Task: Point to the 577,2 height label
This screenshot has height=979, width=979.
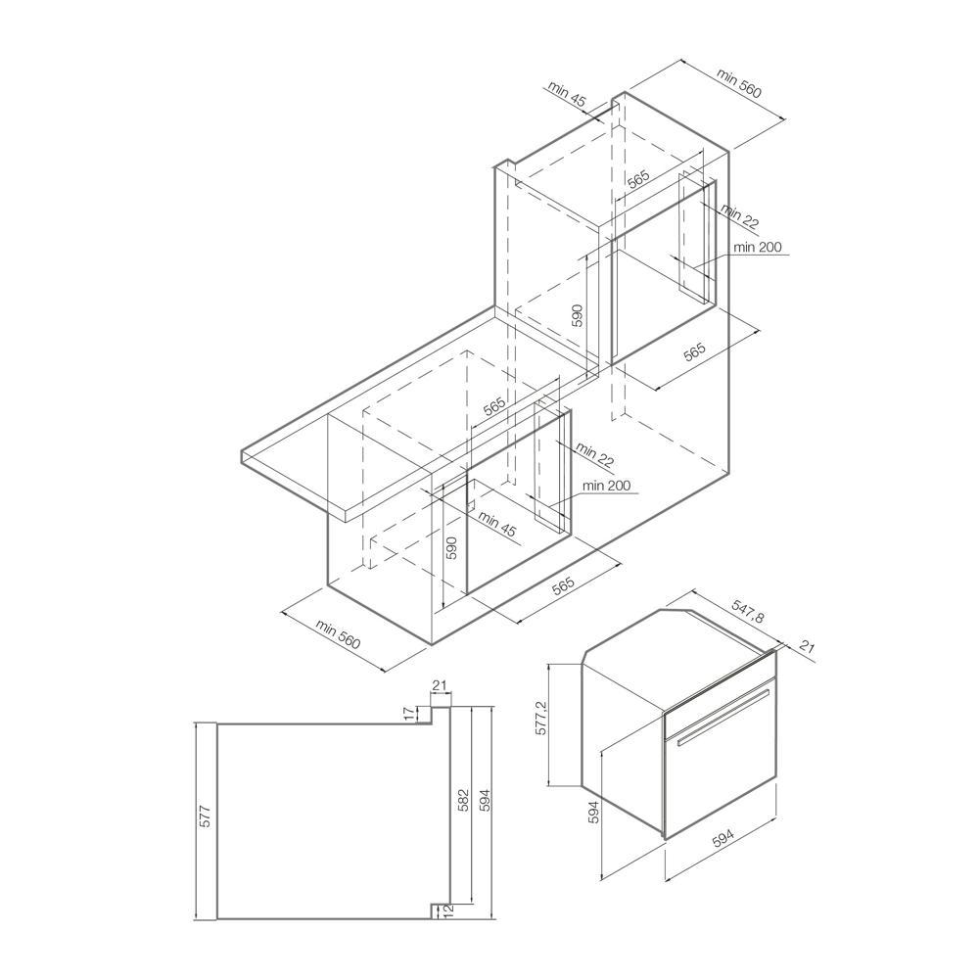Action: (540, 717)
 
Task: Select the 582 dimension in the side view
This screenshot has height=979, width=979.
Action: (464, 801)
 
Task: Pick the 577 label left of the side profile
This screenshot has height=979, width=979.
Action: (206, 816)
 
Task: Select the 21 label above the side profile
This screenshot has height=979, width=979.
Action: (440, 685)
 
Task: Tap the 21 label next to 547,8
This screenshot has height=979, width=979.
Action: (808, 647)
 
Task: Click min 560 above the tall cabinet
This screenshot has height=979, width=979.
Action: (739, 82)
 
